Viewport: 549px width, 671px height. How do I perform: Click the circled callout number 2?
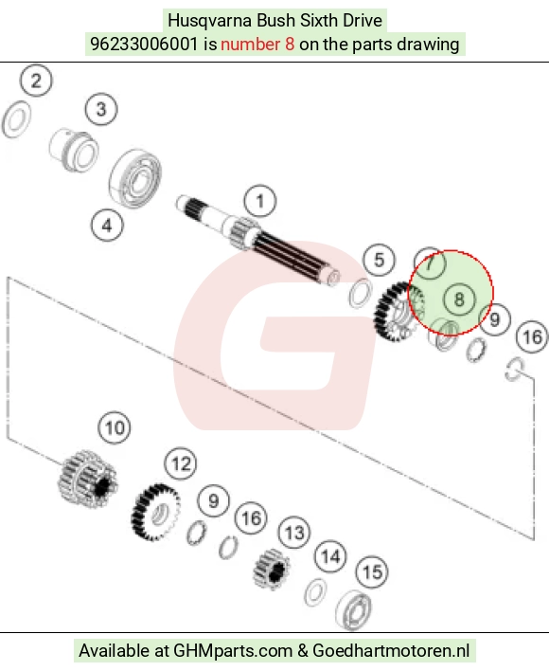(36, 81)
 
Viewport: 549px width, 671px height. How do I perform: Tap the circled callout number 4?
(107, 226)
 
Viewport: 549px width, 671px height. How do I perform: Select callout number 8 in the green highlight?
(459, 299)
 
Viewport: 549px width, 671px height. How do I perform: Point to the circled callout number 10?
(115, 427)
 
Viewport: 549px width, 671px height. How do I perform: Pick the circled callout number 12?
(181, 463)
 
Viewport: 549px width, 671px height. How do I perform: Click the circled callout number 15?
(372, 572)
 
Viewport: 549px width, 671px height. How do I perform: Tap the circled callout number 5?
(379, 260)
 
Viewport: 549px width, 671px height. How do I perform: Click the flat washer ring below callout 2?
(16, 119)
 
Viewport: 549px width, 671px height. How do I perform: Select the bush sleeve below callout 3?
(74, 150)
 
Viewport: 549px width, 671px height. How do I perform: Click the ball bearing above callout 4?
(135, 178)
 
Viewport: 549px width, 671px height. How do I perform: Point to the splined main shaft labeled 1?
(258, 242)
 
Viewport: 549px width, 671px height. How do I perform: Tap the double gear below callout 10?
(88, 479)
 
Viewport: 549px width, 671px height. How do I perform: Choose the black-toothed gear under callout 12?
(155, 513)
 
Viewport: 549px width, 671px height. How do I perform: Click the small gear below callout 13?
(272, 570)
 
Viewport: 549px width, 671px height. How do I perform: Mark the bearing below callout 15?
(354, 610)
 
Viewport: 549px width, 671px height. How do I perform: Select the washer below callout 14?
(315, 592)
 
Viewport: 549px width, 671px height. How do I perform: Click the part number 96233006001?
(144, 45)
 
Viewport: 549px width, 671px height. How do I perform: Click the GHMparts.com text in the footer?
(233, 650)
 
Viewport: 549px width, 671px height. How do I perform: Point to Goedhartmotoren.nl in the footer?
(391, 650)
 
